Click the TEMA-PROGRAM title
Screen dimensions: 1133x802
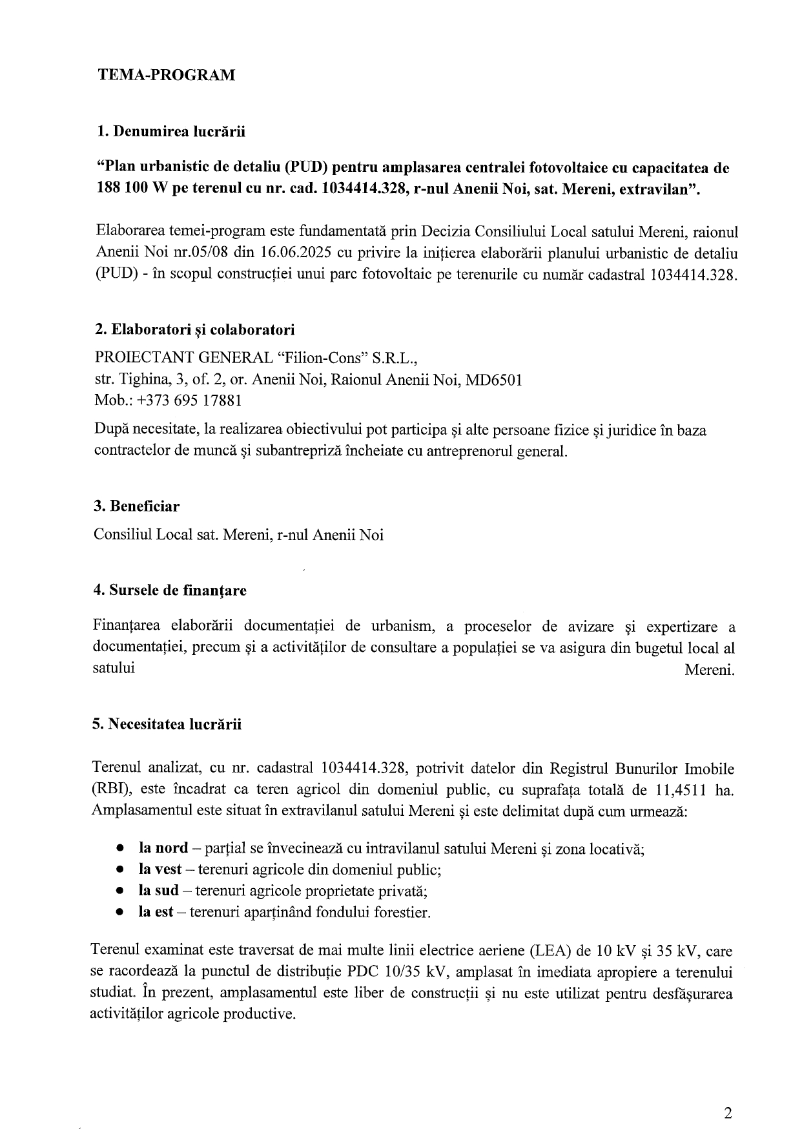click(166, 75)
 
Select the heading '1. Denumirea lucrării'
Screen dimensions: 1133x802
click(170, 132)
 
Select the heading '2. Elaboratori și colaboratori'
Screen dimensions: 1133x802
click(194, 329)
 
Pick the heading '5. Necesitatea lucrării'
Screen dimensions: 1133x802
click(167, 723)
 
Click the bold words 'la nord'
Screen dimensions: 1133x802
click(163, 847)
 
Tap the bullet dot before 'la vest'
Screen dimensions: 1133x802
click(119, 870)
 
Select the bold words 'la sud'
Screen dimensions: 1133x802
click(158, 891)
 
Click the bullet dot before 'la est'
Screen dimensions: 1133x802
click(119, 913)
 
